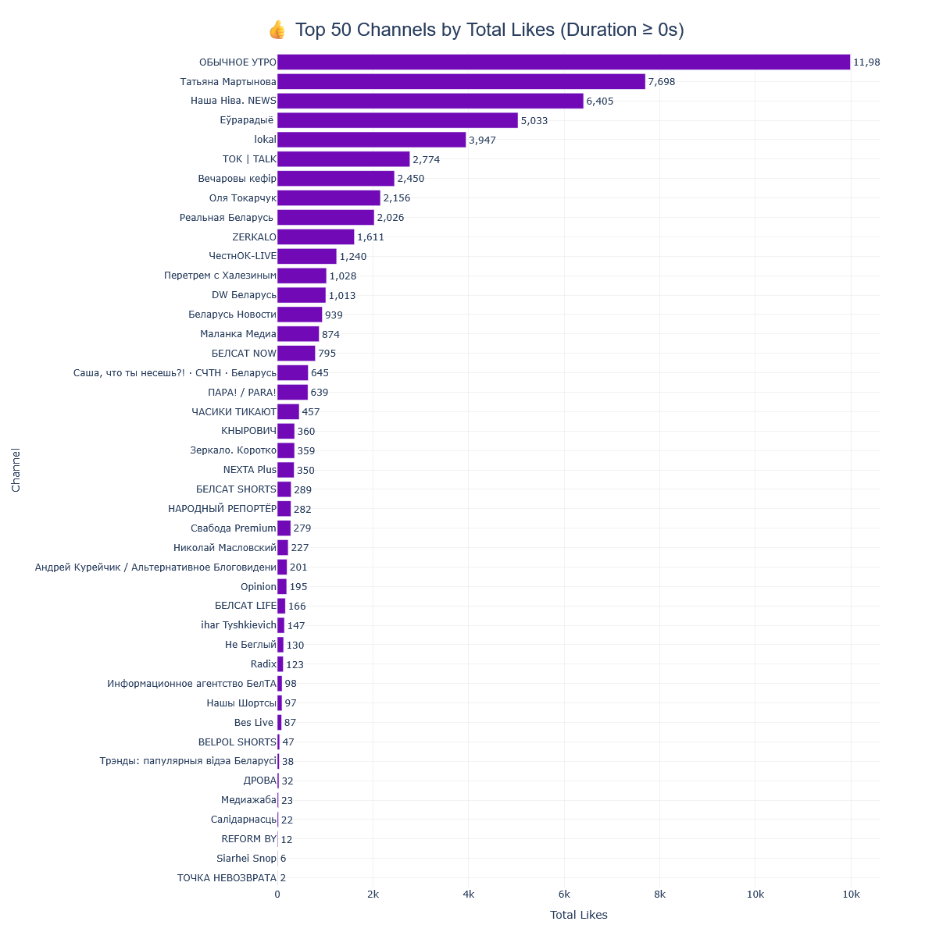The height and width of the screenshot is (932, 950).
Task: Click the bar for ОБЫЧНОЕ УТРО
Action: pyautogui.click(x=563, y=62)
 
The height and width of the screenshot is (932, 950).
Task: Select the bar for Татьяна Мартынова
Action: pyautogui.click(x=461, y=82)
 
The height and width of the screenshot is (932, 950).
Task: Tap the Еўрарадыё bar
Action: pyautogui.click(x=398, y=120)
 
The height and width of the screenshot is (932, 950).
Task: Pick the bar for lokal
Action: pyautogui.click(x=371, y=140)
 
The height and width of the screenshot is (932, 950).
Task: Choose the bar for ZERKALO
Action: pyautogui.click(x=316, y=237)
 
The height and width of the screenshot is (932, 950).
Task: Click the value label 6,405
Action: pyautogui.click(x=600, y=101)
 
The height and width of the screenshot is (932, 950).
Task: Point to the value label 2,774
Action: pyautogui.click(x=427, y=160)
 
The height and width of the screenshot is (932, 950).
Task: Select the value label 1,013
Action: pyautogui.click(x=342, y=296)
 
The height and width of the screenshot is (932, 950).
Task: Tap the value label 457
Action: pyautogui.click(x=311, y=412)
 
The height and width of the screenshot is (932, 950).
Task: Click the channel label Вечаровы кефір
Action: pyautogui.click(x=237, y=179)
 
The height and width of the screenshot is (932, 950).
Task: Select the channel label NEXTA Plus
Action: pyautogui.click(x=249, y=470)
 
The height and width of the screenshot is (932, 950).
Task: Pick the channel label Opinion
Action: pyautogui.click(x=258, y=587)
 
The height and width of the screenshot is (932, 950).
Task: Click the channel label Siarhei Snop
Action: pyautogui.click(x=246, y=859)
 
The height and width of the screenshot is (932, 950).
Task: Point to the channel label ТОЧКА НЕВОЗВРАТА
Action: pyautogui.click(x=227, y=878)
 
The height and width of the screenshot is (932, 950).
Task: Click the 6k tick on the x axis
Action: pyautogui.click(x=564, y=895)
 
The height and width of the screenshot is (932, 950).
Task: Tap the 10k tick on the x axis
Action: pyautogui.click(x=851, y=895)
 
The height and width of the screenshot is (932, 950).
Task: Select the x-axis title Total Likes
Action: pyautogui.click(x=578, y=915)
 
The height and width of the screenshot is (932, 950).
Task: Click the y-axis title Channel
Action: pyautogui.click(x=16, y=470)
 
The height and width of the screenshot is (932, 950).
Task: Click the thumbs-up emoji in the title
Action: pyautogui.click(x=277, y=30)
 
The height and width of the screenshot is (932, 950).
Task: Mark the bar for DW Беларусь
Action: pyautogui.click(x=302, y=295)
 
